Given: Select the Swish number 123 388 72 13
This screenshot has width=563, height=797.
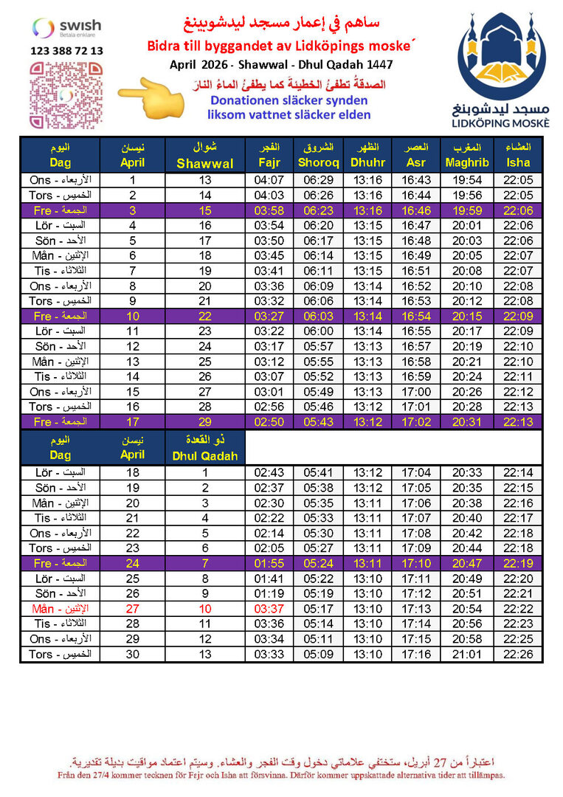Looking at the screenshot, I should tap(67, 52).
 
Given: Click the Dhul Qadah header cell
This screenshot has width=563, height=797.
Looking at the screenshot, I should tap(205, 448).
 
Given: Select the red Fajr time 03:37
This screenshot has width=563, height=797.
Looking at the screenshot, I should tap(269, 610).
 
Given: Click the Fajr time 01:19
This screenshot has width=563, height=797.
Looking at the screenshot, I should tap(269, 594).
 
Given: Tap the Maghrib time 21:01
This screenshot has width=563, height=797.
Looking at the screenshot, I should tap(468, 655).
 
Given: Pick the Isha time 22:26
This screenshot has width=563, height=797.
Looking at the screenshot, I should tap(519, 655).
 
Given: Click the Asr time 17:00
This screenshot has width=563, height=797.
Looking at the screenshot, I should tap(417, 392).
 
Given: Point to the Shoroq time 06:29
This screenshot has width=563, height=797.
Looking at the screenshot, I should tap(319, 181).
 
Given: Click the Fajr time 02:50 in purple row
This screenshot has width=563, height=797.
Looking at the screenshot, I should tap(269, 421).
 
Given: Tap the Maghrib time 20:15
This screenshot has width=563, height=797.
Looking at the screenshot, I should tap(468, 316).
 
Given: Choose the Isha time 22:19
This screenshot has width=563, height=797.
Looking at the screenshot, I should tap(519, 564).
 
